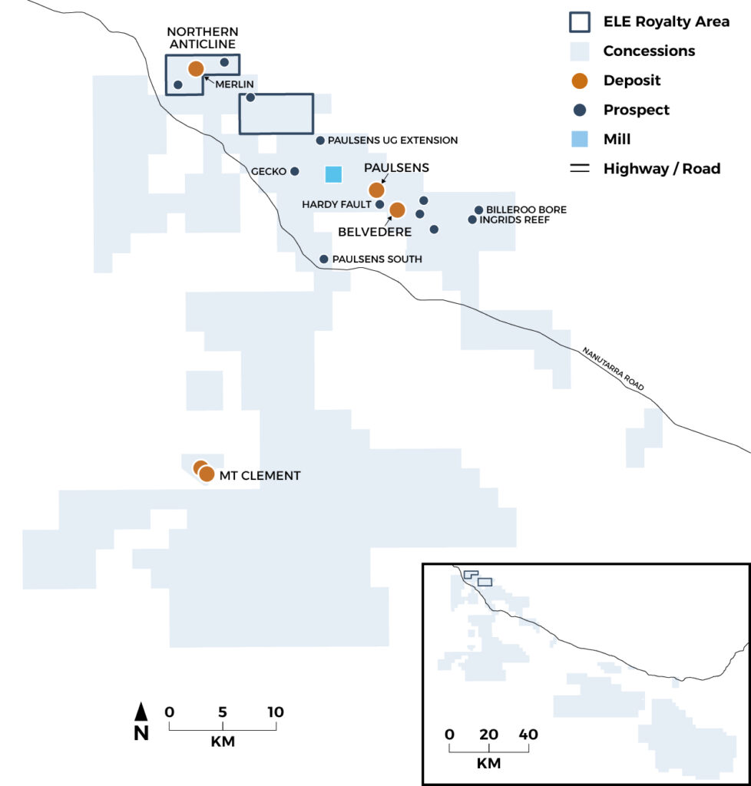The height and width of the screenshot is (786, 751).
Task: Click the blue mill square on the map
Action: click(x=333, y=174)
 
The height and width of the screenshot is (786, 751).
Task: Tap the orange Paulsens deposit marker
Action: click(x=376, y=190)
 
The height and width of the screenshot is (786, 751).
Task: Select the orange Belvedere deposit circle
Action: click(x=397, y=210)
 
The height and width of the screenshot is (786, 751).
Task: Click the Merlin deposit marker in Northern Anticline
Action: click(x=196, y=68)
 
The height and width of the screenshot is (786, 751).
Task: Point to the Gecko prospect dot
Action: click(x=295, y=171)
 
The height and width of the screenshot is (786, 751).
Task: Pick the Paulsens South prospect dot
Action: click(x=324, y=259)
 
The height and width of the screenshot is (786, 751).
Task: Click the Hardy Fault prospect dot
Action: click(x=379, y=204)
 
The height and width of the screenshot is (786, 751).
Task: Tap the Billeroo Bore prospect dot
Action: click(x=478, y=210)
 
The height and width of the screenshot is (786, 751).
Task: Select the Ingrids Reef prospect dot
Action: click(x=472, y=220)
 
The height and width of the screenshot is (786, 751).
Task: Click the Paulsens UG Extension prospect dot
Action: click(x=320, y=140)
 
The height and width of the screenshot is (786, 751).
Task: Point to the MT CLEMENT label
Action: click(x=260, y=476)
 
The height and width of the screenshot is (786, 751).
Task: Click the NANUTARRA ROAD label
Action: click(x=613, y=368)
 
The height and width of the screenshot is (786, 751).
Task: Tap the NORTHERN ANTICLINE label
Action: click(x=203, y=38)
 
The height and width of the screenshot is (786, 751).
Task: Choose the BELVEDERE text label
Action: click(x=375, y=232)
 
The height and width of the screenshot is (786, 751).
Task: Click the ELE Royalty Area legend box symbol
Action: click(x=580, y=22)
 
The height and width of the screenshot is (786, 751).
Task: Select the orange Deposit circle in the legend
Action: click(x=580, y=81)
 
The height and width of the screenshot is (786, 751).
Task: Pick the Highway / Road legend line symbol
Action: click(x=580, y=168)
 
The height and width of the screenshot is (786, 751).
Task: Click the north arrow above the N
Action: click(x=141, y=712)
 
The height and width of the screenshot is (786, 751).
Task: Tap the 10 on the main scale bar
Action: click(x=275, y=712)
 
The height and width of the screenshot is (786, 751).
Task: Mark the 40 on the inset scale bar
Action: click(x=528, y=735)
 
